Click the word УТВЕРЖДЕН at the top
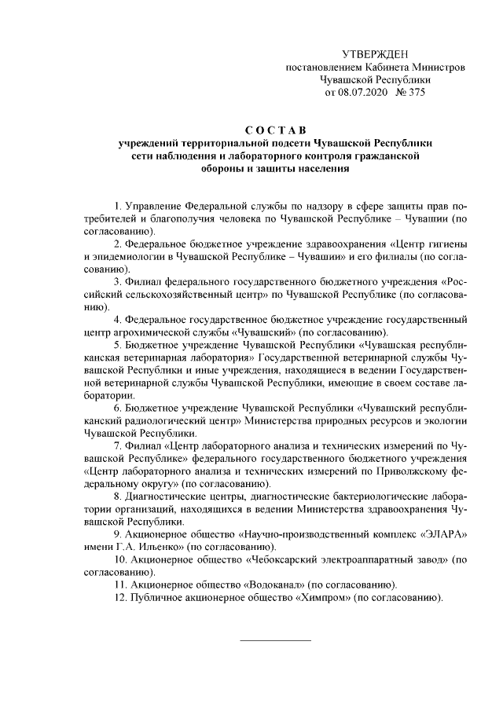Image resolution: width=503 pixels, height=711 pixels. pos(376,53)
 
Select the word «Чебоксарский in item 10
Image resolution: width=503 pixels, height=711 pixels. pos(284,559)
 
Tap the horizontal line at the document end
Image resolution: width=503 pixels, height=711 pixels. pos(274,641)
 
